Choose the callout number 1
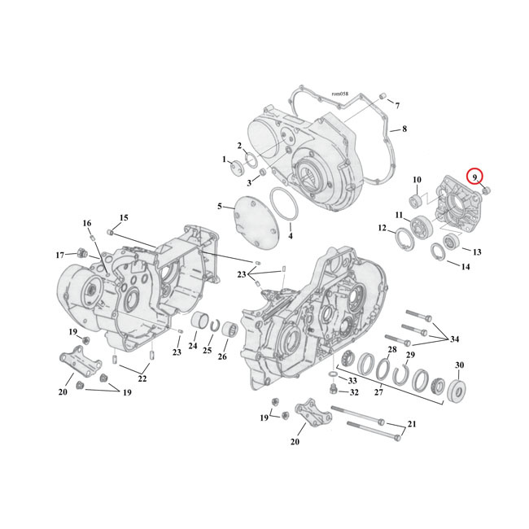(225, 160)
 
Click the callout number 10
(416, 180)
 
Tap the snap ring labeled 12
(404, 238)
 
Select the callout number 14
(466, 266)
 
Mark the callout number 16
(87, 222)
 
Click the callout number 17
(60, 256)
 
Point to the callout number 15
(125, 217)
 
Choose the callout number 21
(411, 423)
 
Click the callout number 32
(353, 392)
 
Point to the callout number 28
(392, 350)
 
